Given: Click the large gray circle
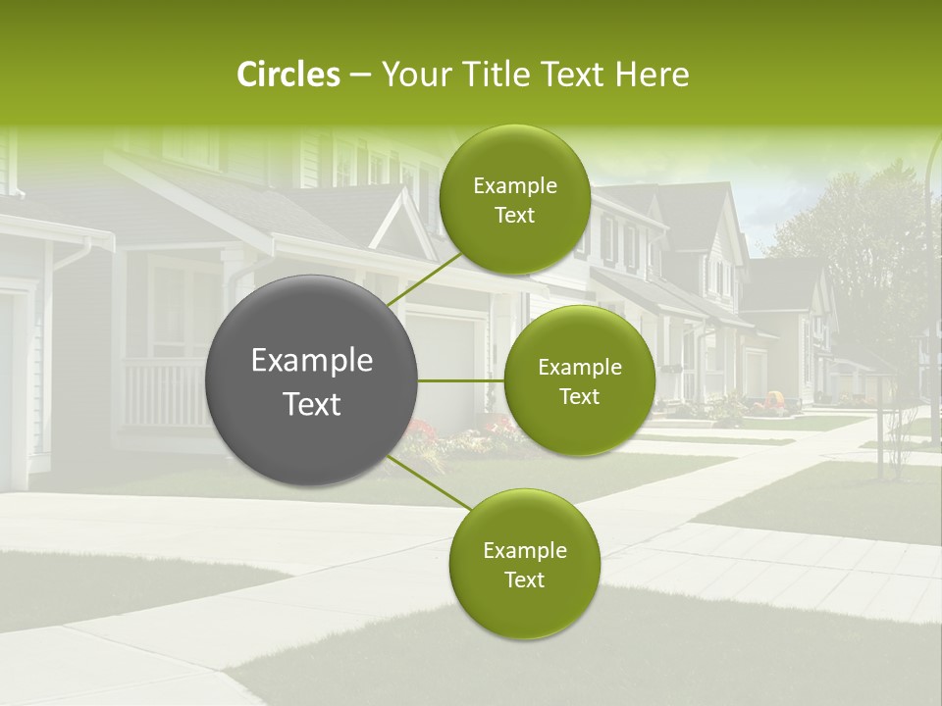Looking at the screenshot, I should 312,380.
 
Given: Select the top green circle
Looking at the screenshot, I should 514,199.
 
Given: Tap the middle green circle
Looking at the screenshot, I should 579,380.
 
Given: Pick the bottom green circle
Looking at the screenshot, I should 524,564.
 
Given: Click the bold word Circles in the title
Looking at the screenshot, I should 288,75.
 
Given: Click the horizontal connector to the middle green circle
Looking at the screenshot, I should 461,380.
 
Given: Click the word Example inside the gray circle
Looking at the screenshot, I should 312,360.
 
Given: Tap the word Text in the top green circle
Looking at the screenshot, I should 514,216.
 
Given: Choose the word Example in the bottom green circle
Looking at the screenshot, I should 524,550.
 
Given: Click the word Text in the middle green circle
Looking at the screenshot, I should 579,396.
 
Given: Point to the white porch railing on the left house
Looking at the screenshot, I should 162,392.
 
